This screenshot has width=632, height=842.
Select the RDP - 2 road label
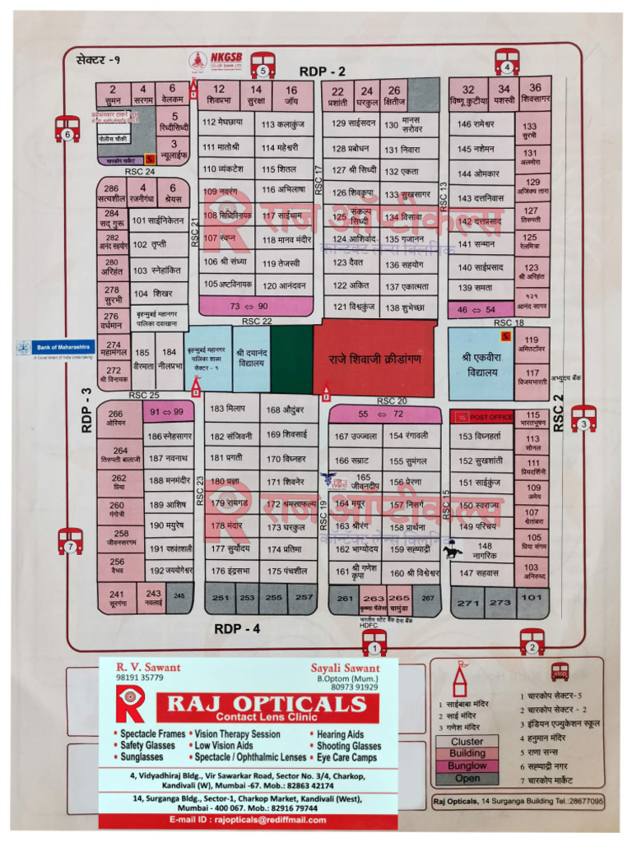pos(322,72)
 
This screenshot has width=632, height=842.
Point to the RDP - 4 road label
pos(237,629)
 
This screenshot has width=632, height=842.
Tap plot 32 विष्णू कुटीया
pos(468,95)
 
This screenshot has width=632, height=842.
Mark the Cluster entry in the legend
pos(467,741)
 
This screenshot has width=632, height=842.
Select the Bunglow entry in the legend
pos(467,766)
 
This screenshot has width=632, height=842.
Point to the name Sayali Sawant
pos(345,668)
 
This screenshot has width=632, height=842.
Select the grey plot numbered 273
pos(500,603)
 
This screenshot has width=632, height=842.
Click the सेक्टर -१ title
pos(98,58)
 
